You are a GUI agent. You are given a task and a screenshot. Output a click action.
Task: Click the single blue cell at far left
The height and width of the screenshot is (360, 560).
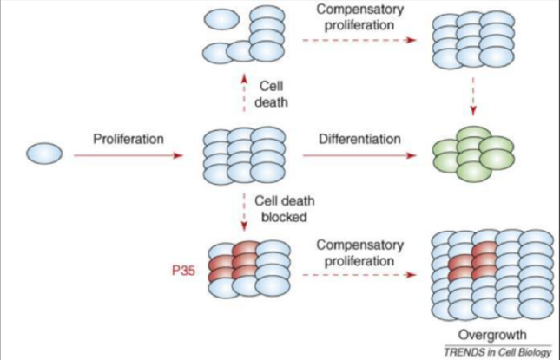[x=44, y=154]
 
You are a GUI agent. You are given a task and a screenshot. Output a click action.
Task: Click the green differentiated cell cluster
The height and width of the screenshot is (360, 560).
[x=476, y=155]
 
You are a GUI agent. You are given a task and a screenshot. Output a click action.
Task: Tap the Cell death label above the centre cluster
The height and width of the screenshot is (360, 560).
[x=277, y=93]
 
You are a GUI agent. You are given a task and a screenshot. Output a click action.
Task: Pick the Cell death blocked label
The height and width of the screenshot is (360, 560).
[x=279, y=209]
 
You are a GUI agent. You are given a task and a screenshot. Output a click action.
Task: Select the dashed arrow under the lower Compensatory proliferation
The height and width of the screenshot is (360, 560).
[x=356, y=275]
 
